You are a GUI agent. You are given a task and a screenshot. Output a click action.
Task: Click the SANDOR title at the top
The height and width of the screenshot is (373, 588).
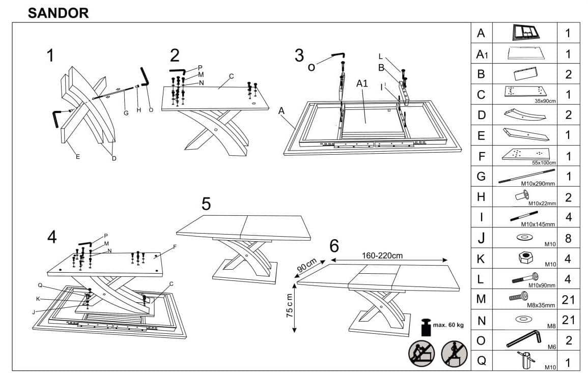(x=58, y=13)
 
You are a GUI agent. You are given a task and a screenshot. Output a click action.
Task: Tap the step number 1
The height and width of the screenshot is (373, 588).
(x=50, y=56)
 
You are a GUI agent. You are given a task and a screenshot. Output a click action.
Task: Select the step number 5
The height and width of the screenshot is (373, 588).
(x=206, y=204)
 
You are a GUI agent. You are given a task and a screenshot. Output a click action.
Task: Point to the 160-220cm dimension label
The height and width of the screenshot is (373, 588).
(x=383, y=255)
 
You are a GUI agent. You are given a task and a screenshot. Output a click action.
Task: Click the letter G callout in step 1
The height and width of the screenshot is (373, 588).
(x=126, y=112)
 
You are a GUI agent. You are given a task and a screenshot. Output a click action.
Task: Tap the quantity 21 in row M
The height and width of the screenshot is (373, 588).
(x=568, y=300)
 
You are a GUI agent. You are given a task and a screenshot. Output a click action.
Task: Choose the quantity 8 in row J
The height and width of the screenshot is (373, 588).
(x=568, y=238)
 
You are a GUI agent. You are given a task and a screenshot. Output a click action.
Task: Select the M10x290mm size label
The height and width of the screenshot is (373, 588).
(x=538, y=182)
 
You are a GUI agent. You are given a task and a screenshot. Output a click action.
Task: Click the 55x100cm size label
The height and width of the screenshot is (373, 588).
(x=544, y=162)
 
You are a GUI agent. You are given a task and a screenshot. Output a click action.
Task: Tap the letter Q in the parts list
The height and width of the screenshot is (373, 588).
(x=481, y=361)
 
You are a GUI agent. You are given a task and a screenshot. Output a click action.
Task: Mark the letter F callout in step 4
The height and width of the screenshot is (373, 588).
(x=174, y=247)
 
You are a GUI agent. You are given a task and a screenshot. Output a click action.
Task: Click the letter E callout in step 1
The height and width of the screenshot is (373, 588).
(x=77, y=156)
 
